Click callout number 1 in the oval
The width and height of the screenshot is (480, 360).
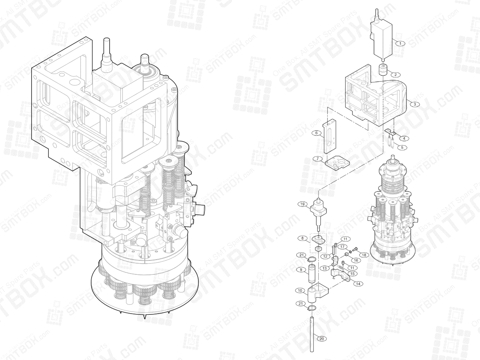(x=400, y=43)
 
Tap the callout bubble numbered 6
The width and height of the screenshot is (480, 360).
(x=316, y=133)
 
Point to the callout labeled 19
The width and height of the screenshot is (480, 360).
(x=303, y=204)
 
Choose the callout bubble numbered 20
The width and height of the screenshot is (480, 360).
(x=321, y=338)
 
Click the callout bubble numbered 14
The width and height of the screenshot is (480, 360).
(x=358, y=284)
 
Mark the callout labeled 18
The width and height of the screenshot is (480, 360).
(x=363, y=255)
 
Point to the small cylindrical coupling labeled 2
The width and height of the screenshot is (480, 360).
(x=384, y=71)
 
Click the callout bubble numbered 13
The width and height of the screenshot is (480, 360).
(x=325, y=268)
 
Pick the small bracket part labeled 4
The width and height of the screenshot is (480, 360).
(x=390, y=132)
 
